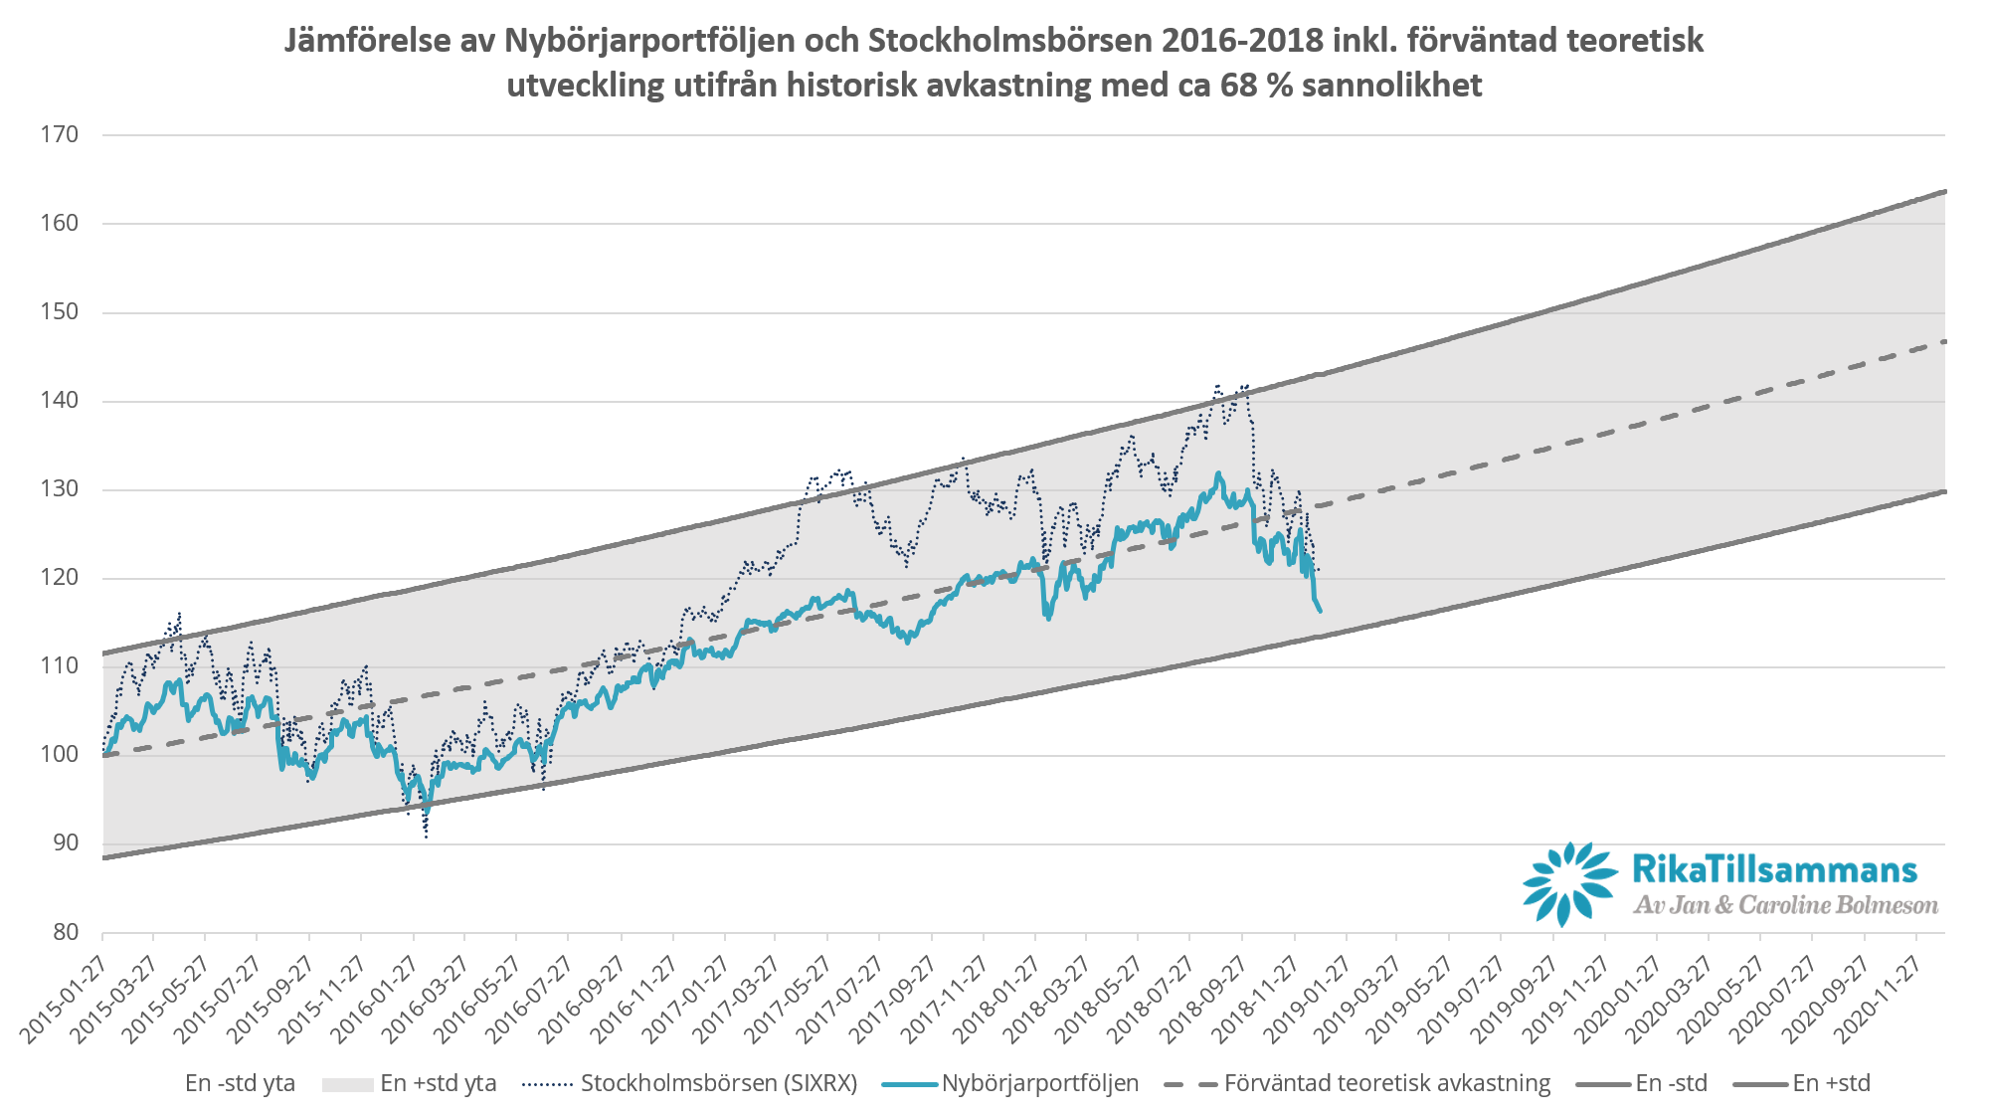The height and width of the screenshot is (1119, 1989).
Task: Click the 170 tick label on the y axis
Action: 59,134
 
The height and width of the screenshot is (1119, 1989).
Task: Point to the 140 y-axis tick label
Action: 59,401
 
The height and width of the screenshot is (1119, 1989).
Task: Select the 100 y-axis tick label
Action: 59,755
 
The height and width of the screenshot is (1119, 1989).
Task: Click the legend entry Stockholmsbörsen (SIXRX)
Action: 718,1083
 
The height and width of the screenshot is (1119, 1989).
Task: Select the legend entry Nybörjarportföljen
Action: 1040,1083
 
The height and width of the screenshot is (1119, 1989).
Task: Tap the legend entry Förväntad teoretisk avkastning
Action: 1386,1083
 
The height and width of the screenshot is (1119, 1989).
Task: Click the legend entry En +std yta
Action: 438,1083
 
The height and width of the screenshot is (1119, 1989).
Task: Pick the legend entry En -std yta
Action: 240,1083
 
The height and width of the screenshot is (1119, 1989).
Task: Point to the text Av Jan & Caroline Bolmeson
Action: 1785,905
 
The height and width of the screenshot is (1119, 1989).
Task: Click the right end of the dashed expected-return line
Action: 1943,341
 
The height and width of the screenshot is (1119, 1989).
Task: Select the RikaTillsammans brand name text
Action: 1774,870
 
